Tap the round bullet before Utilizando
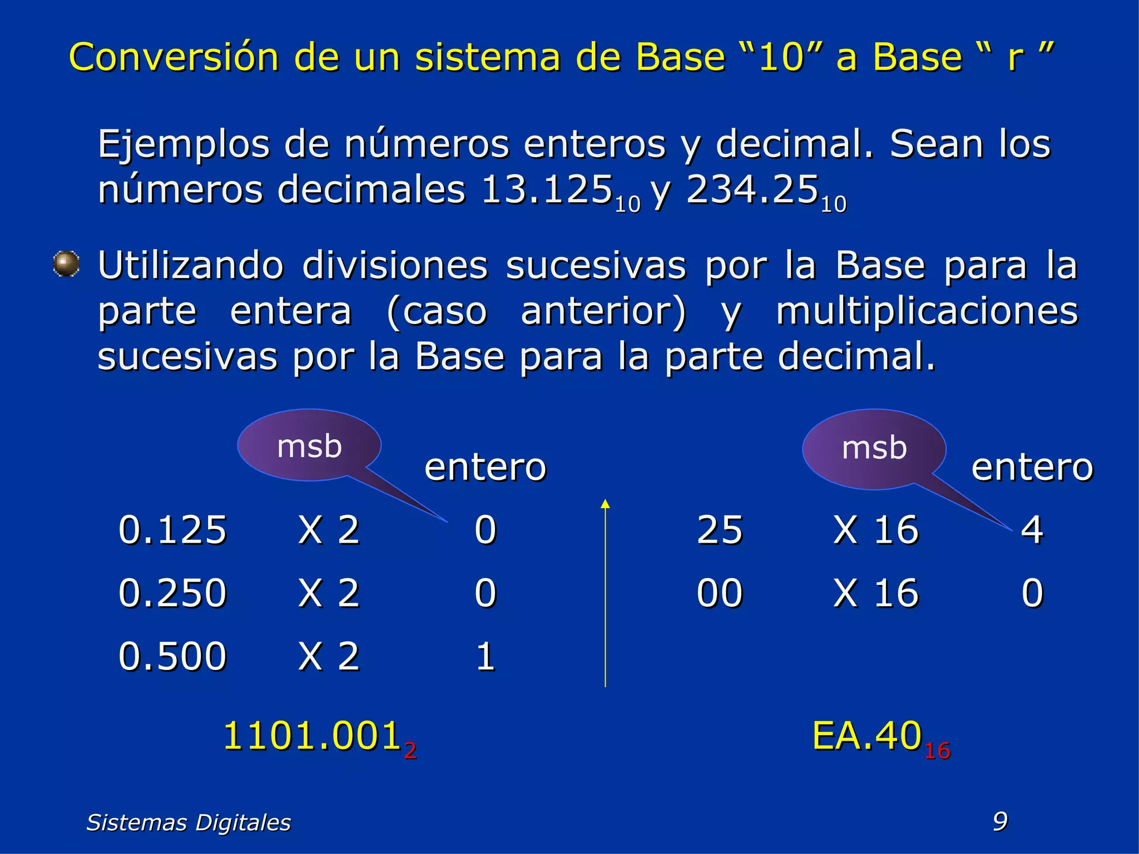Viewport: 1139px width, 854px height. click(66, 264)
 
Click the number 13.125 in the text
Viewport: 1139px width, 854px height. click(547, 190)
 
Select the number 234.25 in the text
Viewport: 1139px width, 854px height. click(752, 190)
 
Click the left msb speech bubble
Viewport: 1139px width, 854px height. click(309, 446)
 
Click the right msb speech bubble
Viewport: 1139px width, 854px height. click(874, 448)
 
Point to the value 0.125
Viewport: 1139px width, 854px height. click(172, 529)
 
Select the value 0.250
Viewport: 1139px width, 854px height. click(172, 593)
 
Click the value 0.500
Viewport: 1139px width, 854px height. click(172, 656)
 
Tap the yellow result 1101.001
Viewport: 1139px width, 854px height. click(313, 736)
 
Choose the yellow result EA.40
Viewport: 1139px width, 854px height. click(867, 736)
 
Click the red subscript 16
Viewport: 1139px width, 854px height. click(937, 751)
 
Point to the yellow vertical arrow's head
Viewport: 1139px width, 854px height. click(605, 504)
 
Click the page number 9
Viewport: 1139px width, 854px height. click(1000, 821)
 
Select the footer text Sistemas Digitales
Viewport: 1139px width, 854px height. click(189, 822)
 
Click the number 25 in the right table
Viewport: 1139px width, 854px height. click(720, 529)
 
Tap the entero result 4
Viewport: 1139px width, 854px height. click(1032, 529)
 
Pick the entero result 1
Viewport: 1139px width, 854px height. click(485, 656)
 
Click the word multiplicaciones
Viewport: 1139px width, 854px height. click(927, 311)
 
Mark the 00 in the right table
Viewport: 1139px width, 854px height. click(720, 593)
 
